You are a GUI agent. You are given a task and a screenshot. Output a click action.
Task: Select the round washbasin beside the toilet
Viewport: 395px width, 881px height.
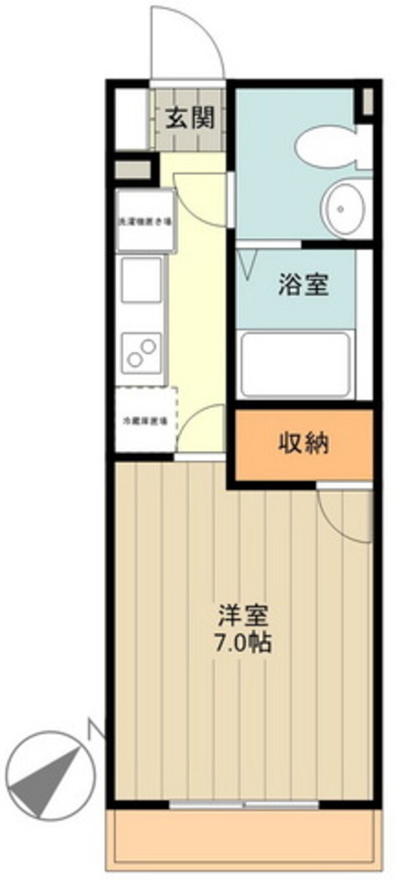(341, 209)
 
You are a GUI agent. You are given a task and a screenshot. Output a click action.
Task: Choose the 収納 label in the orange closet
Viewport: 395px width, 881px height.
(302, 445)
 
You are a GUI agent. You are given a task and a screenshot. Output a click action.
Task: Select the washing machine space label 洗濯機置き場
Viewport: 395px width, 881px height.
(145, 221)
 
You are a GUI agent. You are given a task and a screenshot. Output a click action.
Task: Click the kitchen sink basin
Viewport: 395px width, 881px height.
(142, 279)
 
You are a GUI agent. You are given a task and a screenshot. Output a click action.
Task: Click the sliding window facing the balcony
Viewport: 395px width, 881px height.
(244, 804)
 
